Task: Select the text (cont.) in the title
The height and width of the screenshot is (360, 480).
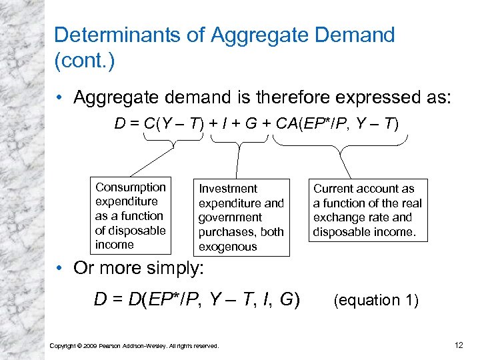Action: tap(84, 61)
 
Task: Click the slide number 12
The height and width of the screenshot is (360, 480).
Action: tap(457, 344)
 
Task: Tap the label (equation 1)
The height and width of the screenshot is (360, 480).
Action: tap(376, 300)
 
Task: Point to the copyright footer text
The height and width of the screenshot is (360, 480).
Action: tap(134, 345)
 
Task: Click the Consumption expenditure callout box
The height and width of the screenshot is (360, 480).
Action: tap(130, 216)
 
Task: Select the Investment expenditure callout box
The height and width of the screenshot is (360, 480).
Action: tap(241, 217)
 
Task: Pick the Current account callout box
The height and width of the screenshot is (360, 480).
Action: tap(367, 210)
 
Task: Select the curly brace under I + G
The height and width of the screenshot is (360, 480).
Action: tap(237, 141)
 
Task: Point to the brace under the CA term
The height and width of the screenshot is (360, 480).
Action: tap(341, 141)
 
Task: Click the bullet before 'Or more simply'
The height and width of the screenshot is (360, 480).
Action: tap(61, 268)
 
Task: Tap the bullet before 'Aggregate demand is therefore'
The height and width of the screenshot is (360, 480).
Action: tap(61, 98)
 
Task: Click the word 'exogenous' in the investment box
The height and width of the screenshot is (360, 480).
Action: tap(227, 247)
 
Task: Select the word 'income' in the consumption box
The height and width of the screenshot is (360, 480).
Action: tap(114, 245)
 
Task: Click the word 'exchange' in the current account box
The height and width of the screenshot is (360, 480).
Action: tap(339, 217)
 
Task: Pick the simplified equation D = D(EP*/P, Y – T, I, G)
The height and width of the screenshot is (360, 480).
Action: tap(197, 300)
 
